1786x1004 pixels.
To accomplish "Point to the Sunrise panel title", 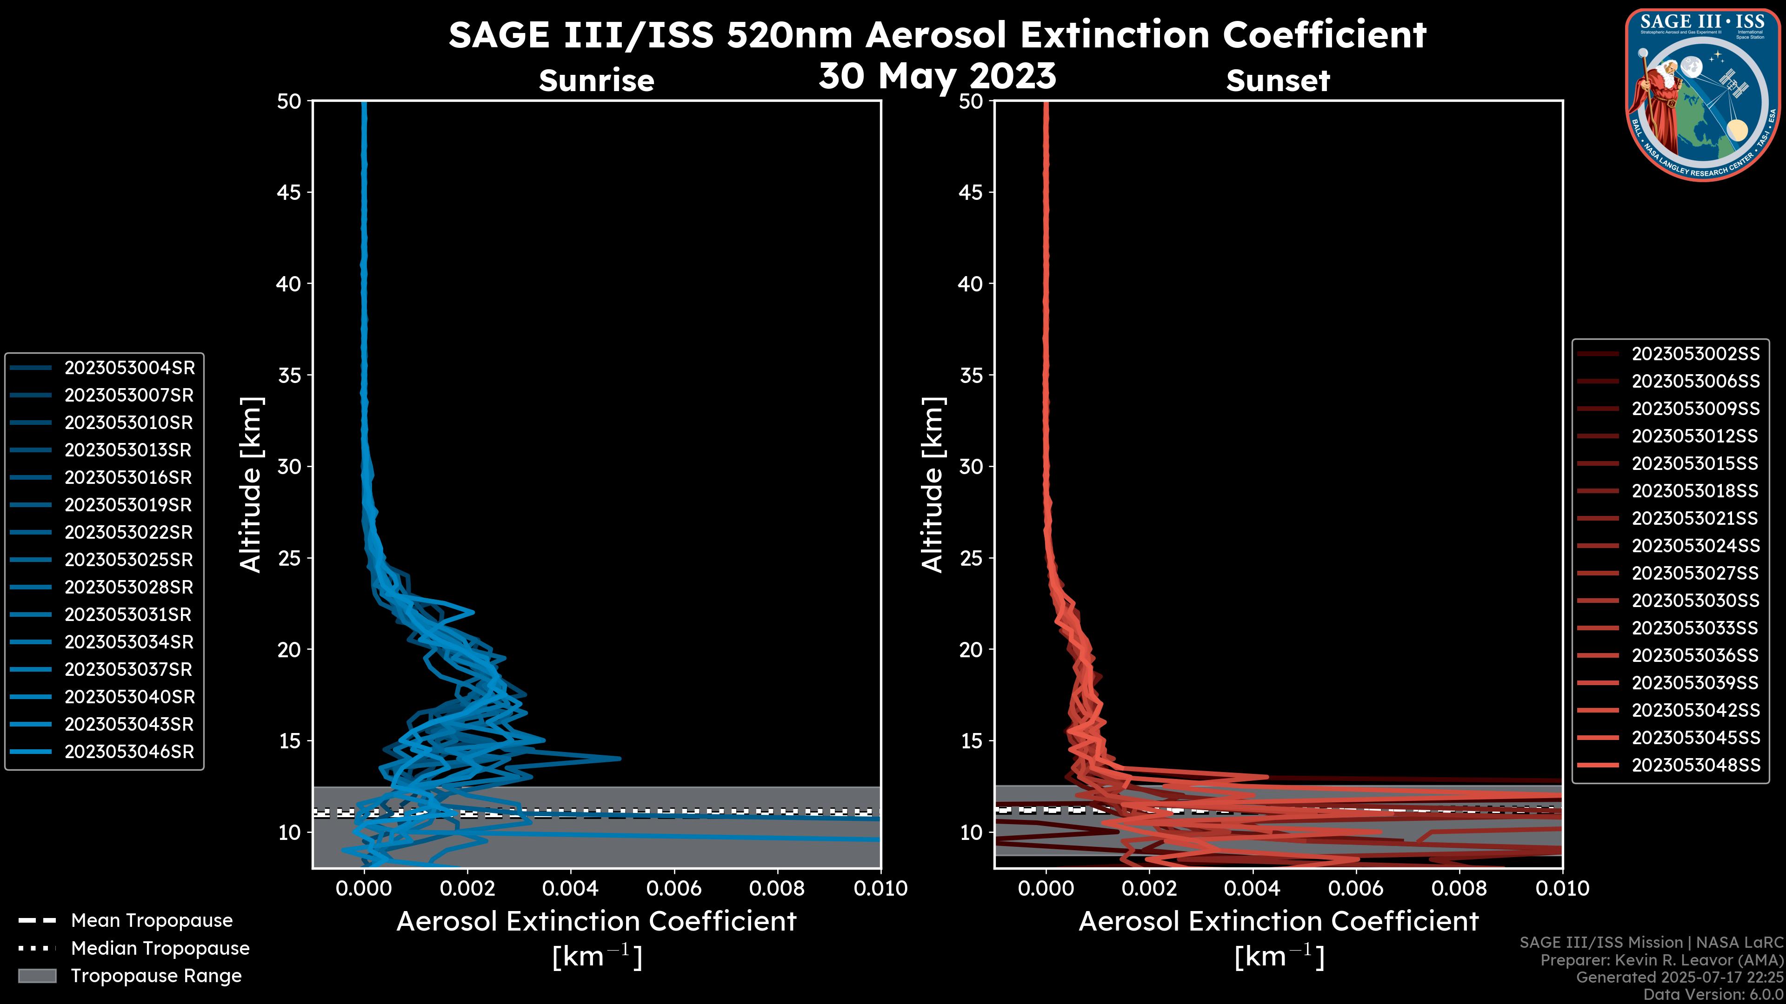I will click(x=596, y=80).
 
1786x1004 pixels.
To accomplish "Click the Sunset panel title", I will click(x=1278, y=80).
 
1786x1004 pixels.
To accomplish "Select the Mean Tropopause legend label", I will click(x=152, y=921).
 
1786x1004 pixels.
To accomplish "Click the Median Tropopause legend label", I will click(x=160, y=949).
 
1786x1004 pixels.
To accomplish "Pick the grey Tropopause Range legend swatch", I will click(x=37, y=976).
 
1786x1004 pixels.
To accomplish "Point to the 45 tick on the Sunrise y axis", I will click(x=289, y=192).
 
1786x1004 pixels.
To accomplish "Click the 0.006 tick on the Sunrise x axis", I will click(x=674, y=888).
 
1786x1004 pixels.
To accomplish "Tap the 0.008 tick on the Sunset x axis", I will click(x=1459, y=888).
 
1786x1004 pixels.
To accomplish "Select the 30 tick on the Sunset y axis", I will click(x=971, y=466).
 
